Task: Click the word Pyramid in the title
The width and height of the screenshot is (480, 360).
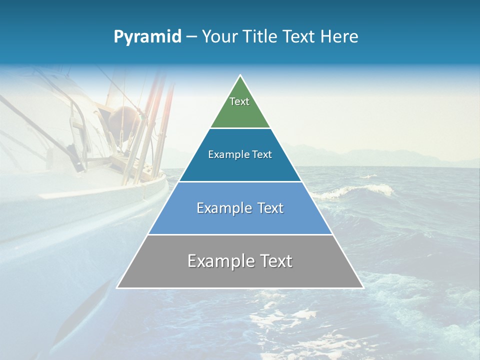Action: (147, 37)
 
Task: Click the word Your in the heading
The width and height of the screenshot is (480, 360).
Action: (219, 37)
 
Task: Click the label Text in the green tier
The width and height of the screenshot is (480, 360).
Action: (239, 101)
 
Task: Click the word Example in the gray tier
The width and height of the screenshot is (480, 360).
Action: (219, 261)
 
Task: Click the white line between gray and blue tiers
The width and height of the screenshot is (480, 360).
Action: (240, 234)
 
